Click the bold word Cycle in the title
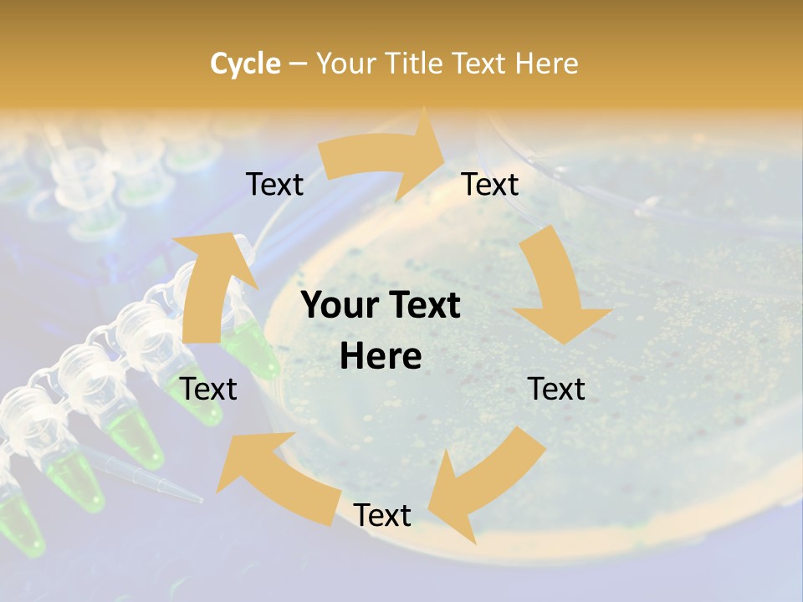(x=245, y=64)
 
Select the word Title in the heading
(x=414, y=64)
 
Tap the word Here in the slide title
(x=547, y=64)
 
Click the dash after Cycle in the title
(x=297, y=64)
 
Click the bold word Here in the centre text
(x=381, y=357)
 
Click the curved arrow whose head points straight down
(x=556, y=288)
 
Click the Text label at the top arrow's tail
(x=274, y=185)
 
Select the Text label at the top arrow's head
(x=490, y=185)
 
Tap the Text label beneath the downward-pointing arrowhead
(x=556, y=389)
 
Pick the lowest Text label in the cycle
(x=382, y=515)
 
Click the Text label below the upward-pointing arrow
(x=209, y=389)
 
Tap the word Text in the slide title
(x=482, y=64)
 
